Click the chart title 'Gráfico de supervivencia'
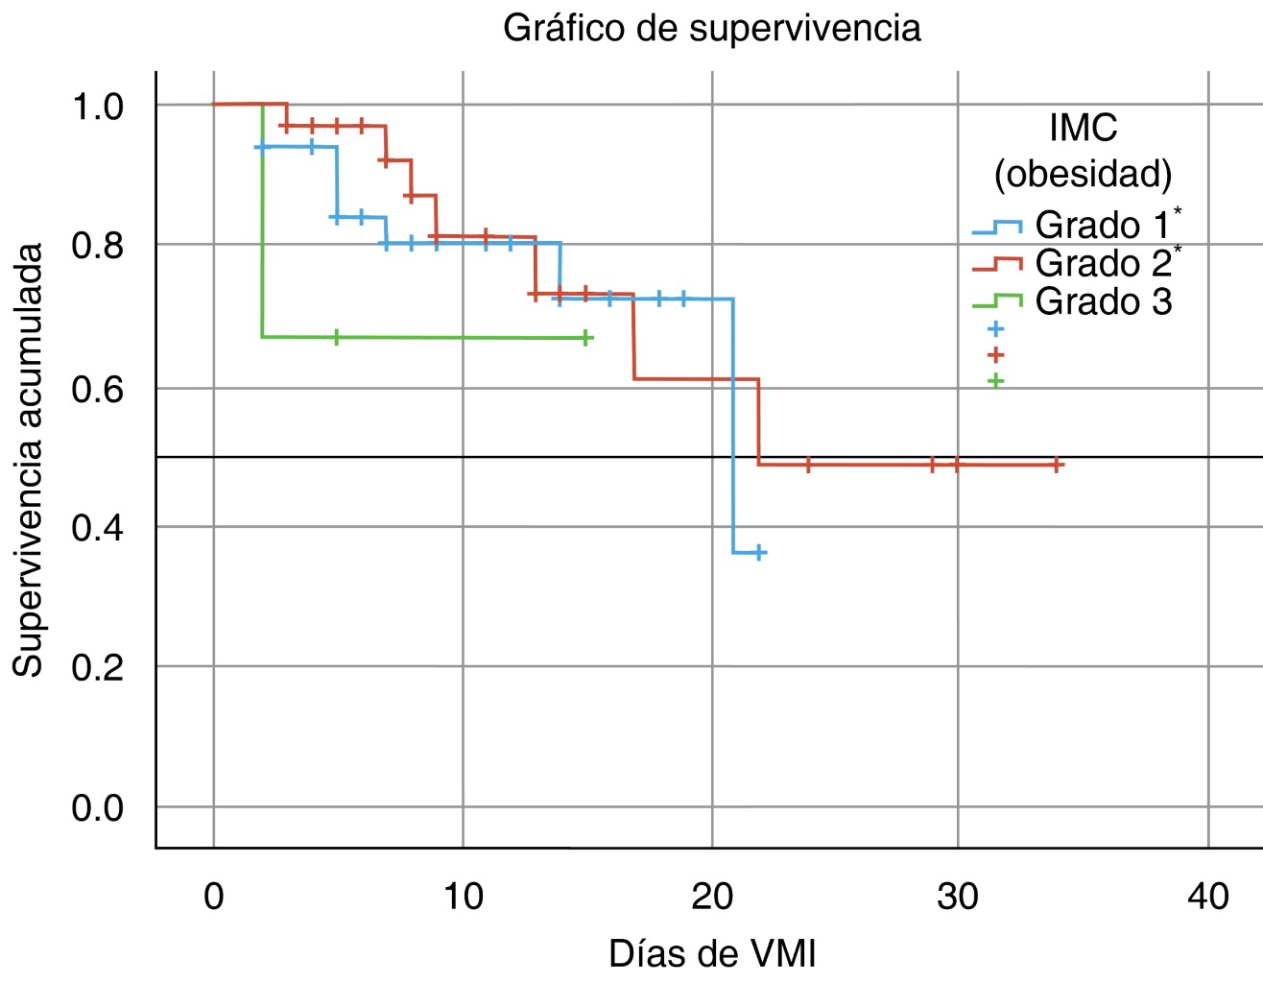711,28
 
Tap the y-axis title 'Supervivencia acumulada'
28,460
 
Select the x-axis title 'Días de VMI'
712,953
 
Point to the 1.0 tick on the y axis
98,106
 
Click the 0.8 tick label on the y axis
98,245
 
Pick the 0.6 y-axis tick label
98,389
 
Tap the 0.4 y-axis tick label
98,527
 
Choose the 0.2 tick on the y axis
98,666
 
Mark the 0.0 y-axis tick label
98,807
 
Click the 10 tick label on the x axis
463,896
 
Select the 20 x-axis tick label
712,896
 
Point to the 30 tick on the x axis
958,896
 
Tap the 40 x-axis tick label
1207,896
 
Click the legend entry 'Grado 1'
1102,226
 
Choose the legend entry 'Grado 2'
1102,263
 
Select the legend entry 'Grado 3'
1102,301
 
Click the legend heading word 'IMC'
1083,128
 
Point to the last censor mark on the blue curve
759,552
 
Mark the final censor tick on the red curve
1057,465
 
